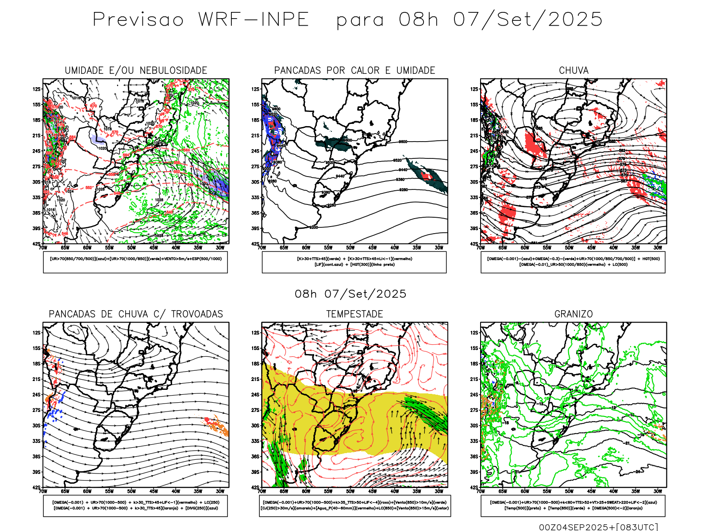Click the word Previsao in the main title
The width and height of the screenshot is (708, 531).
coord(138,20)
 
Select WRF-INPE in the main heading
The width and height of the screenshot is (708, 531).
coord(253,20)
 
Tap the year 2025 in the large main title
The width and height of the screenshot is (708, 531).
coord(575,20)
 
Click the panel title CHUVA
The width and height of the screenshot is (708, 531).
coord(573,70)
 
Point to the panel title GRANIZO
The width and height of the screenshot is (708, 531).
coord(573,314)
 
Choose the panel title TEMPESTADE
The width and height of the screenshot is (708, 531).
coord(354,314)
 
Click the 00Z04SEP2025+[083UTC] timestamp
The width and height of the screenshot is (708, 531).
coord(598,527)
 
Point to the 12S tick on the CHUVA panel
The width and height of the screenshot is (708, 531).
coord(474,89)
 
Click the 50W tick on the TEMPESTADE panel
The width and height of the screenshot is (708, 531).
coord(350,491)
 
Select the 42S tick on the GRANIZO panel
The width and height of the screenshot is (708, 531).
coord(474,488)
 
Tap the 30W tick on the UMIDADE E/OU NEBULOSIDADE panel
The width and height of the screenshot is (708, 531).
coord(220,248)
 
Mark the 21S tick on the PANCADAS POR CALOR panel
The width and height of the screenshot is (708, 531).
coord(255,135)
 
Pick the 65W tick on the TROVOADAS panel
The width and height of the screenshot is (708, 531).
coord(65,491)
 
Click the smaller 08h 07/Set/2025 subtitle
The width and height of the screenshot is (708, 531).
coord(350,294)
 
